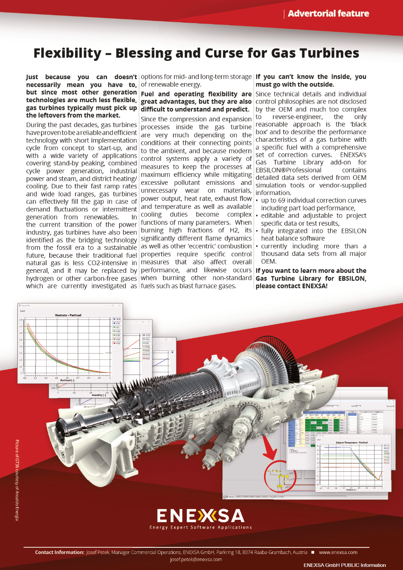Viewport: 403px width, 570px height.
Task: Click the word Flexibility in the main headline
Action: coord(68,53)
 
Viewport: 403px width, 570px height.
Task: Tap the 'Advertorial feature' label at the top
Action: coord(328,13)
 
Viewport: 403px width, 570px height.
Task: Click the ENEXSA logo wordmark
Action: coord(201,515)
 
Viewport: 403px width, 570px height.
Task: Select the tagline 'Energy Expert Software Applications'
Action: coord(201,527)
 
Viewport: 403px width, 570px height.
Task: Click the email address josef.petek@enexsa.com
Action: coord(196,559)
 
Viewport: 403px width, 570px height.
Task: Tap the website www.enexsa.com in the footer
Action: coord(338,552)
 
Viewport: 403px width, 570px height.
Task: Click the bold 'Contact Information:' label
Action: coord(60,552)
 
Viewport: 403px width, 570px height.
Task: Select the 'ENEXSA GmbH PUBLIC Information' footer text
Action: coord(345,565)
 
